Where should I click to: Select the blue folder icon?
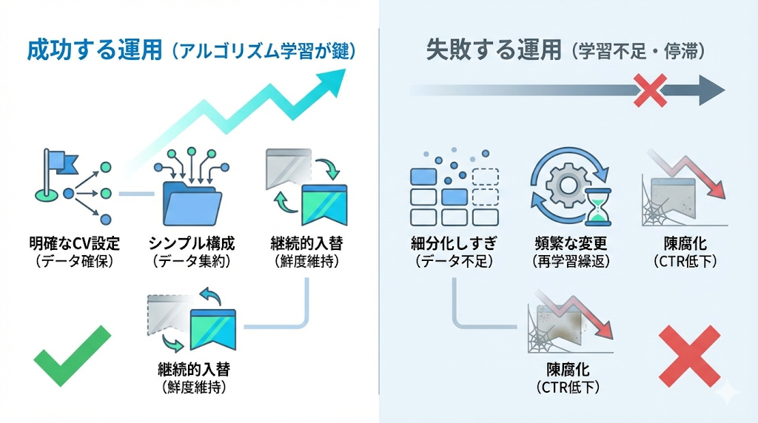pyautogui.click(x=191, y=200)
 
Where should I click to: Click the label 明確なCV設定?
pyautogui.click(x=73, y=244)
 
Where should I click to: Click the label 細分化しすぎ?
pyautogui.click(x=454, y=244)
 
